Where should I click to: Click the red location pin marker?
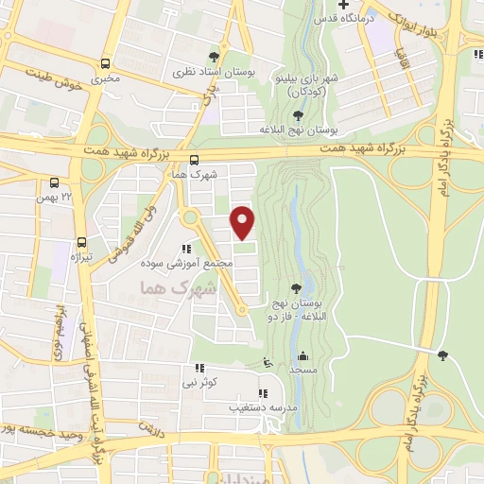pyautogui.click(x=243, y=222)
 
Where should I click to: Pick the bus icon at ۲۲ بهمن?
pyautogui.click(x=55, y=182)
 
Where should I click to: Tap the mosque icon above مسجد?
pyautogui.click(x=303, y=356)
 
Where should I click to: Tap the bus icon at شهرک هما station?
pyautogui.click(x=194, y=161)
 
